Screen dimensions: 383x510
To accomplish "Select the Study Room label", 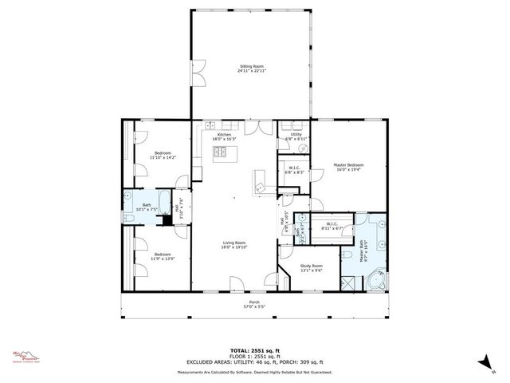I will click(x=312, y=267).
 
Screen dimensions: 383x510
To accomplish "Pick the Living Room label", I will click(x=233, y=245).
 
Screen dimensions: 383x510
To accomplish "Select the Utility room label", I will click(x=296, y=136).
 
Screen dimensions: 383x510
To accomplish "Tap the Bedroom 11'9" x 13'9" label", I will click(x=162, y=256).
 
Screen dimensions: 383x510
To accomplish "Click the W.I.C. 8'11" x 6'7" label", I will click(x=331, y=226).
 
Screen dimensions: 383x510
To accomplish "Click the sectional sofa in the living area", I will click(x=260, y=183).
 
